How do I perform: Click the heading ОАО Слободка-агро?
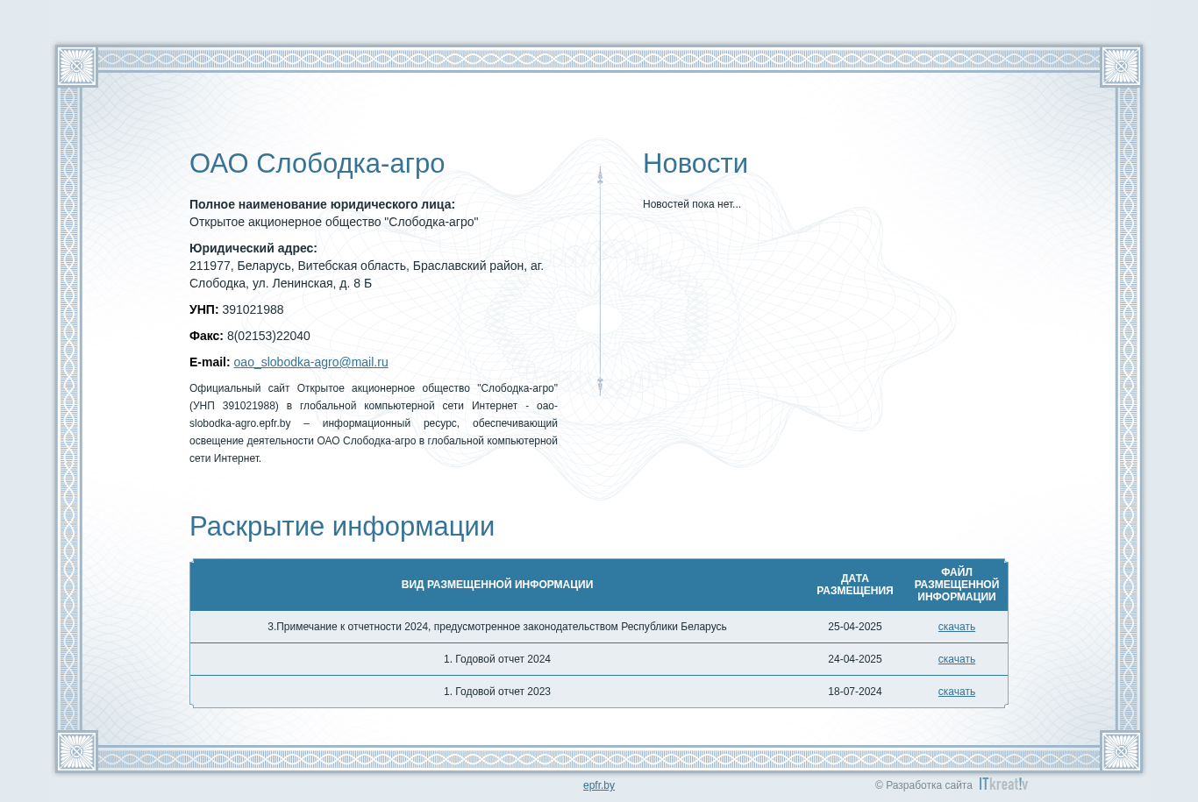tap(317, 164)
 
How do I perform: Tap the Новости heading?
tap(695, 164)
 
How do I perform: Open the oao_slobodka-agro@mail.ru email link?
tap(310, 363)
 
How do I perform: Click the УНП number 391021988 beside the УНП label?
tap(253, 309)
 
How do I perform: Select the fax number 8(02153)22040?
tap(268, 336)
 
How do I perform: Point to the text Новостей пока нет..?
tap(691, 204)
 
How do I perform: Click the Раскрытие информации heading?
tap(342, 526)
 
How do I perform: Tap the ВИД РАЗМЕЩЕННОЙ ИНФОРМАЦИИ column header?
tap(497, 585)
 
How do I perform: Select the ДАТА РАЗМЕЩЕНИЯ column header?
tap(854, 585)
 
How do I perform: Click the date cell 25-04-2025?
tap(854, 627)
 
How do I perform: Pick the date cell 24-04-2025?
tap(854, 659)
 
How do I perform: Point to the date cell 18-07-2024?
tap(854, 692)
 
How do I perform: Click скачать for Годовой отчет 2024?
tap(956, 659)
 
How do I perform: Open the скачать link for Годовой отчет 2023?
tap(956, 692)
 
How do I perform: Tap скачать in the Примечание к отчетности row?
tap(956, 627)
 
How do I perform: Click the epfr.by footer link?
tap(598, 785)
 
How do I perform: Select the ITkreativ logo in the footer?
tap(1003, 784)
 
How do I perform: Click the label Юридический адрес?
tap(253, 248)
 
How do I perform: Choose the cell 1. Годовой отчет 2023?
tap(497, 692)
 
